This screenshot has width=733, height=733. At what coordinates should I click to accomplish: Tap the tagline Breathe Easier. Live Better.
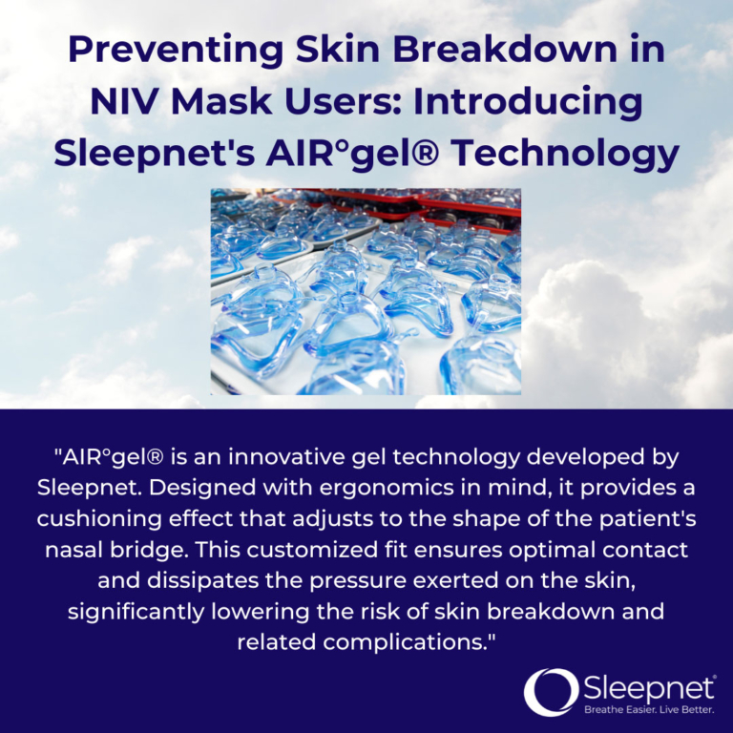[648, 709]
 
